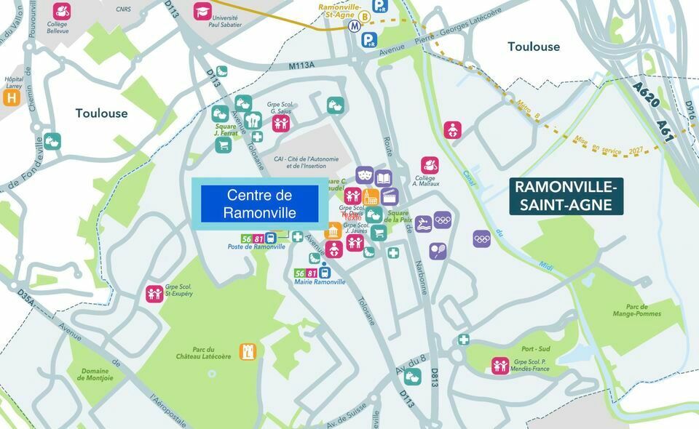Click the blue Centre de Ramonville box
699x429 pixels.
click(x=260, y=204)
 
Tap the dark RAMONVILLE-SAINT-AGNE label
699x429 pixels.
click(x=566, y=196)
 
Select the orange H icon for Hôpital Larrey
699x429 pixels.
click(x=11, y=97)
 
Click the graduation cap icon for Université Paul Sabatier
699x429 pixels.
click(x=202, y=11)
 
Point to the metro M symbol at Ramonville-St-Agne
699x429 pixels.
click(x=355, y=25)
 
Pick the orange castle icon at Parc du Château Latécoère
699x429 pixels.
click(x=248, y=352)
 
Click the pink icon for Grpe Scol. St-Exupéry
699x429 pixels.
click(x=154, y=293)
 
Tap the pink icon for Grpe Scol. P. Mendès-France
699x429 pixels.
click(x=500, y=365)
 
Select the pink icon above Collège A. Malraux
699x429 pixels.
click(x=430, y=165)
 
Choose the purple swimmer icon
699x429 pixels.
click(x=423, y=224)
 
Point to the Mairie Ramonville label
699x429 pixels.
click(x=320, y=282)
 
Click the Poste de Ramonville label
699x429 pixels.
click(x=256, y=247)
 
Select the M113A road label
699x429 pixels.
click(x=301, y=65)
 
